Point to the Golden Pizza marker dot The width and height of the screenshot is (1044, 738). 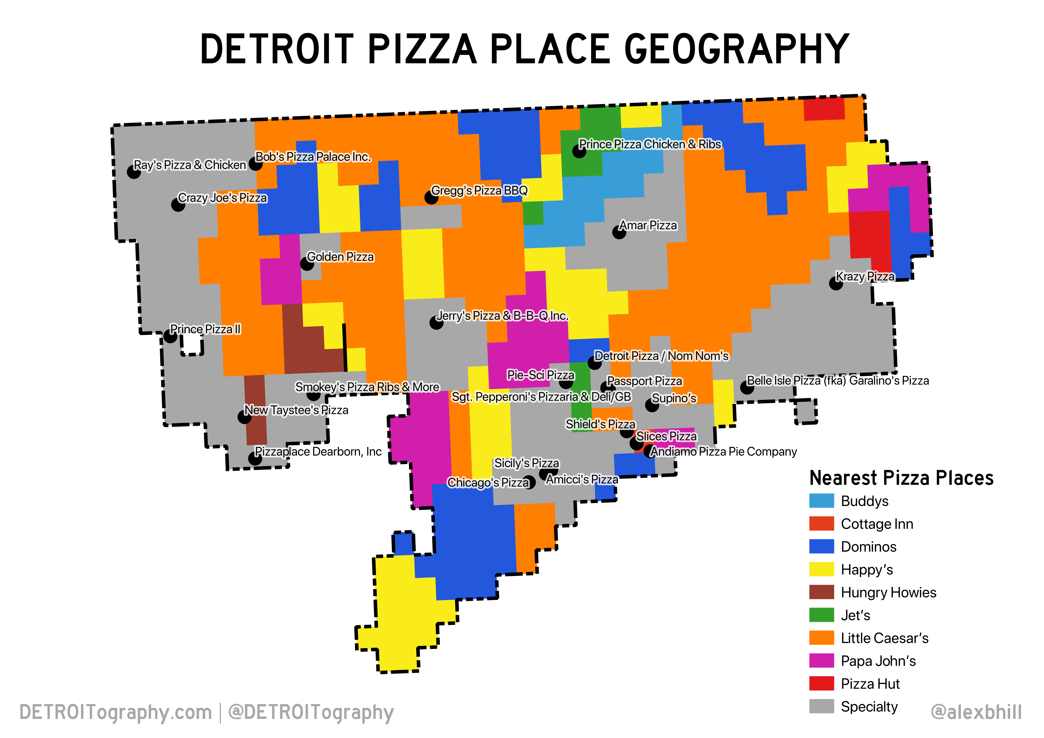(307, 264)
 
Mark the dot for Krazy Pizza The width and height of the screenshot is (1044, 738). (835, 284)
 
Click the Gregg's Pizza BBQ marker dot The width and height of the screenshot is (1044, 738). (431, 197)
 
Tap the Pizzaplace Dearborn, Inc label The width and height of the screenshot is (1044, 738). (318, 452)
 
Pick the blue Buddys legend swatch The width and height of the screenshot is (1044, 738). (821, 501)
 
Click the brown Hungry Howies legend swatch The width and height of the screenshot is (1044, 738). (821, 592)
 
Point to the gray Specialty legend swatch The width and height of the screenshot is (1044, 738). (821, 706)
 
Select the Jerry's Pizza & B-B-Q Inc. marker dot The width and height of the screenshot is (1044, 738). (436, 323)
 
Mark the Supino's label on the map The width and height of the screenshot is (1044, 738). (674, 398)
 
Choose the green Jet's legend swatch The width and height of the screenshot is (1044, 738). (821, 615)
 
